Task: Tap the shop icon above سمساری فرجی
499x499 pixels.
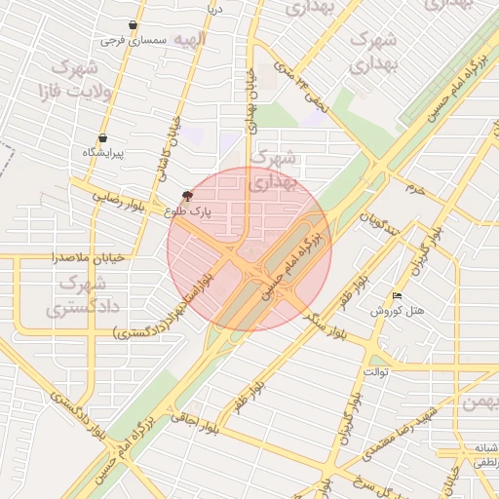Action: [133, 25]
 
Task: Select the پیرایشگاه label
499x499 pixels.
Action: [103, 153]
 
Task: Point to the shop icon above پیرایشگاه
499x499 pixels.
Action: [103, 138]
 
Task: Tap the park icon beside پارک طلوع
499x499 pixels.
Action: [187, 196]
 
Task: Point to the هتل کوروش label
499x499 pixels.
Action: [397, 311]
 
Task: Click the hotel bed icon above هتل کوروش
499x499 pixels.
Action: [397, 296]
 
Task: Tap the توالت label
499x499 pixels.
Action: [377, 371]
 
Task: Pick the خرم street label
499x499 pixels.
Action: [416, 187]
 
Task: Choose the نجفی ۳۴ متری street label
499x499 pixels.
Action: [298, 85]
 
